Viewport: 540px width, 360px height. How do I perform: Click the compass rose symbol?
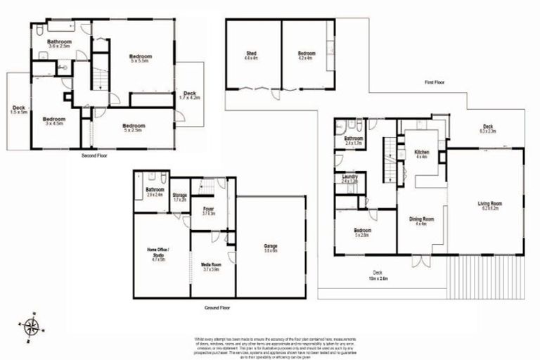pyautogui.click(x=31, y=326)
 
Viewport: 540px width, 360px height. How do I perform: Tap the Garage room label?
pyautogui.click(x=271, y=246)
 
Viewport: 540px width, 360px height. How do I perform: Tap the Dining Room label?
pyautogui.click(x=422, y=221)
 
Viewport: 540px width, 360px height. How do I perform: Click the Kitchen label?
pyautogui.click(x=422, y=154)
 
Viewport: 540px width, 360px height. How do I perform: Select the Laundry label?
pyautogui.click(x=349, y=179)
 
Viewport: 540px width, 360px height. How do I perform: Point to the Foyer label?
pyautogui.click(x=208, y=210)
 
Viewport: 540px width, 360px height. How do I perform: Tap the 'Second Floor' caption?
pyautogui.click(x=94, y=155)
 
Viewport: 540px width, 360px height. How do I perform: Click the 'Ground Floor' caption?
pyautogui.click(x=216, y=307)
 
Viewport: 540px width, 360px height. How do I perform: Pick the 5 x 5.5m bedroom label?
pyautogui.click(x=141, y=58)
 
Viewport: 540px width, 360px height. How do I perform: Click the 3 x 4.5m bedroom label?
pyautogui.click(x=53, y=121)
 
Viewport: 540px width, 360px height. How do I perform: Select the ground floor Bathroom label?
pyautogui.click(x=155, y=191)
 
